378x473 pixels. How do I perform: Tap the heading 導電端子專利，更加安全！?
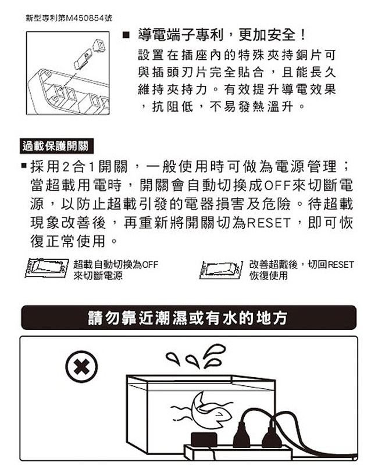coord(223,35)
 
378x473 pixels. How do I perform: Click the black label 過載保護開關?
coord(56,146)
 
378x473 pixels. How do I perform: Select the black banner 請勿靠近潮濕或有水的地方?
coord(188,318)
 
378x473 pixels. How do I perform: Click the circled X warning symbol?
coord(81,367)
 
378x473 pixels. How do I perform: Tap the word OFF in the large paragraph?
coord(277,185)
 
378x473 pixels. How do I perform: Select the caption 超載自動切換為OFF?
coord(116,264)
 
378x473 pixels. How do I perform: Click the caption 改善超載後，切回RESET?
coord(301,264)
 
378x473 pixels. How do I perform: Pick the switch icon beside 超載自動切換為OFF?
coord(47,267)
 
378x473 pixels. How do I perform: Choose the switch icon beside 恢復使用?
coord(222,269)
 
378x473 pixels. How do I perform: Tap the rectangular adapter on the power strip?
coord(204,440)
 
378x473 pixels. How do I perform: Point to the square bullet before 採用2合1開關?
coord(24,166)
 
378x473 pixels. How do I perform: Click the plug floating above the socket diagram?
coord(99,45)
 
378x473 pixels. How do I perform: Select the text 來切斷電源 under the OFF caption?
coord(98,275)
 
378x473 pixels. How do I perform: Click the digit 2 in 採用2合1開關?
coord(66,167)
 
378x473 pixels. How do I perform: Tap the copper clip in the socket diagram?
coord(83,59)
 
